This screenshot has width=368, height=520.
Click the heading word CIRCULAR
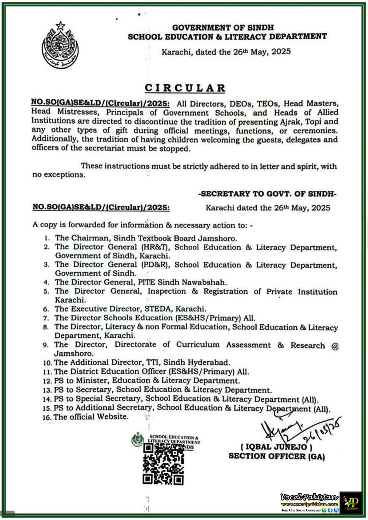click(x=185, y=88)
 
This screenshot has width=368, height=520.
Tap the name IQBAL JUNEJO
click(x=277, y=447)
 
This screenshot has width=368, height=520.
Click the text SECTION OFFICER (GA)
click(x=277, y=456)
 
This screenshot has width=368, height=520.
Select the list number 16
click(x=47, y=417)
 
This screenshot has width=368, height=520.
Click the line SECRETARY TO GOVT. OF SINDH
click(x=267, y=194)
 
